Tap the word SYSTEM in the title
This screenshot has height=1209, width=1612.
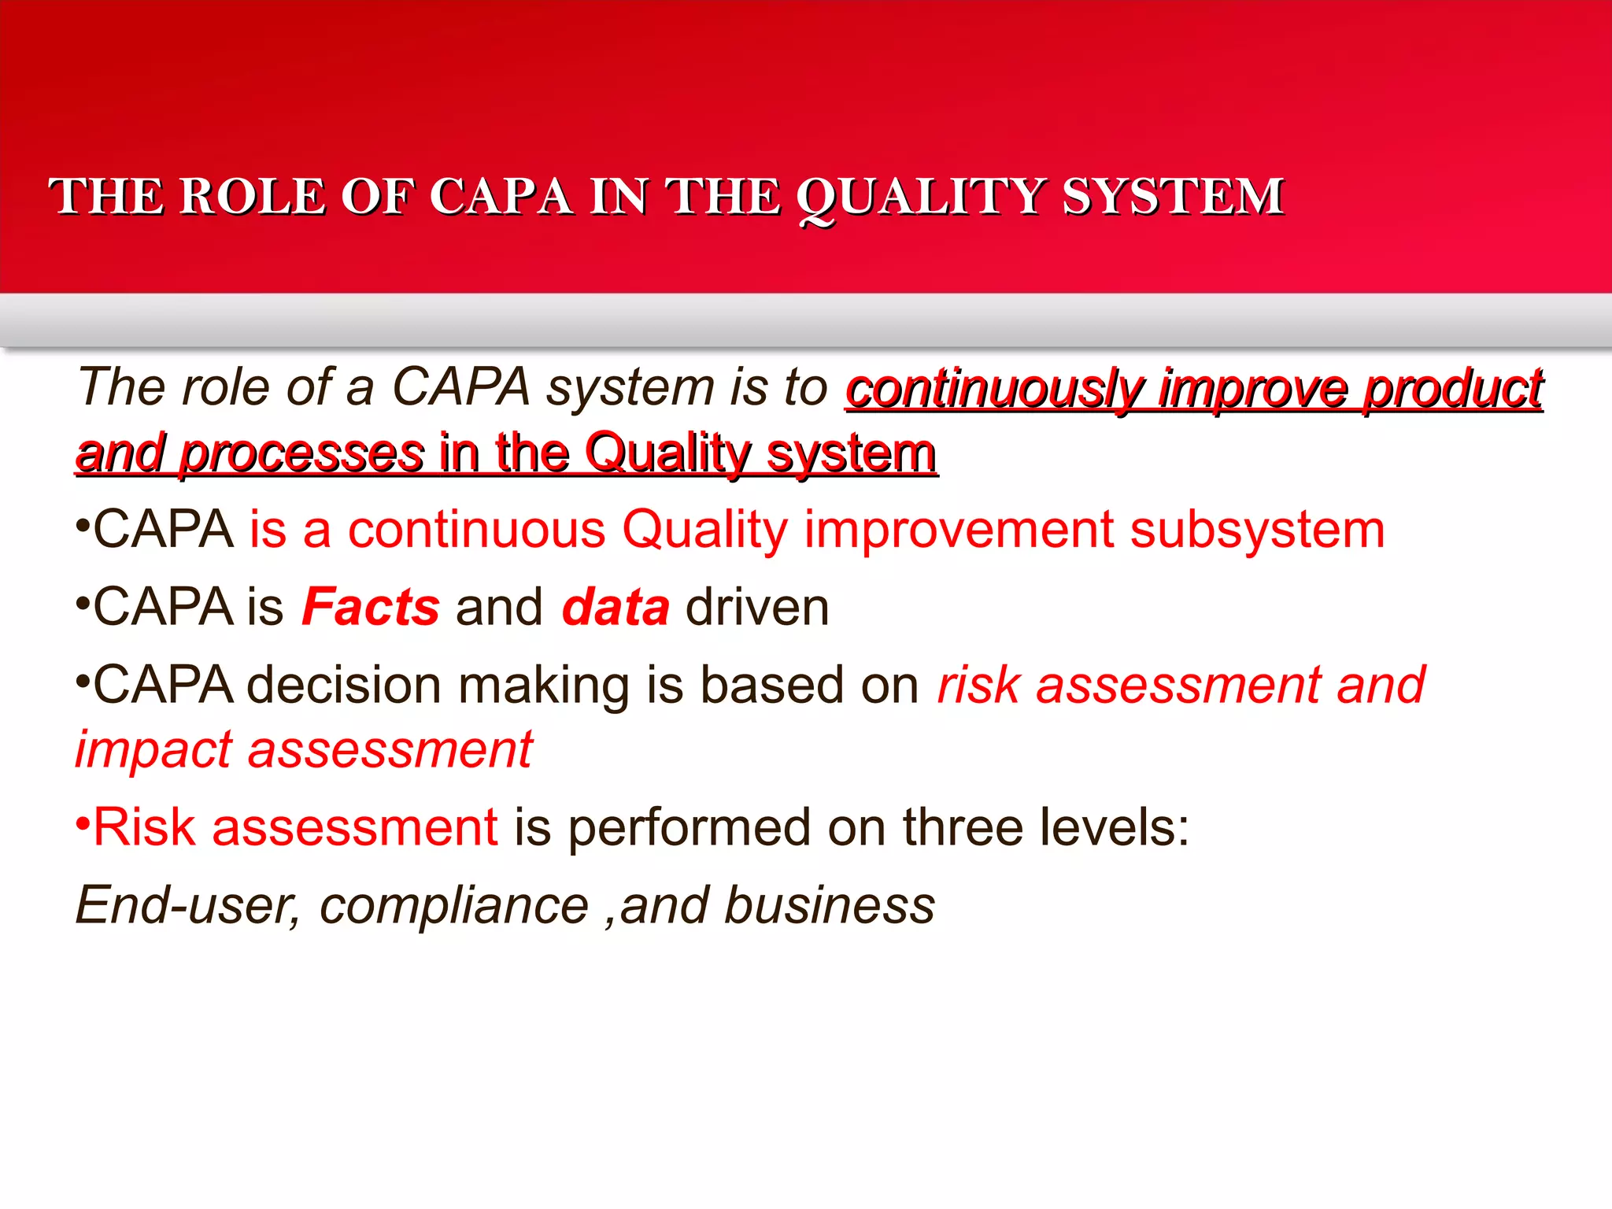(1173, 197)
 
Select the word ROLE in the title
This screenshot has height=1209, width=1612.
(252, 197)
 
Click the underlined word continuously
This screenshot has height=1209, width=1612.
(993, 389)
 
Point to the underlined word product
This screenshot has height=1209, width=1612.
(1452, 389)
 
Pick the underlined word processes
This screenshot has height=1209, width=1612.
(301, 455)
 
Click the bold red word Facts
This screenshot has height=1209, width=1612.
(370, 607)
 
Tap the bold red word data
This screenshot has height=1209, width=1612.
(616, 607)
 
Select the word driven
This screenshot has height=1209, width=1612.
(757, 607)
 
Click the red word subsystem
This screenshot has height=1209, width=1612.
(1257, 529)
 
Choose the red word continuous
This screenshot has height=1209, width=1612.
(476, 529)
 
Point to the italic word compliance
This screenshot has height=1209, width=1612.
(453, 905)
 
